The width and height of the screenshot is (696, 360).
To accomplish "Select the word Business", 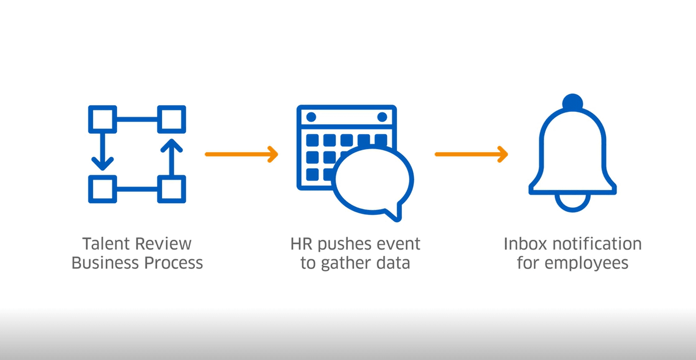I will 105,263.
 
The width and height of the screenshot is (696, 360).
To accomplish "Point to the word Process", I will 173,263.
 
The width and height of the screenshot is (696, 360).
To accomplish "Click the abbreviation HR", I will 301,244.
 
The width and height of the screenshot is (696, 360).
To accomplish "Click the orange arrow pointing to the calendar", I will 242,154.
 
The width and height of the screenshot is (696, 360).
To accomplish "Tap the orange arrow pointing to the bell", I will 472,154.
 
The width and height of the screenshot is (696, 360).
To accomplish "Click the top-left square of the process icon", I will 102,120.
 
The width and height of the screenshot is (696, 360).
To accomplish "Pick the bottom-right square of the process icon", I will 171,189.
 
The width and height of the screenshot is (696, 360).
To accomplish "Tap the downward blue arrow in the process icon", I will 102,153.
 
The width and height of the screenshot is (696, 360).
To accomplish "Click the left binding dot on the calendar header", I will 311,117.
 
